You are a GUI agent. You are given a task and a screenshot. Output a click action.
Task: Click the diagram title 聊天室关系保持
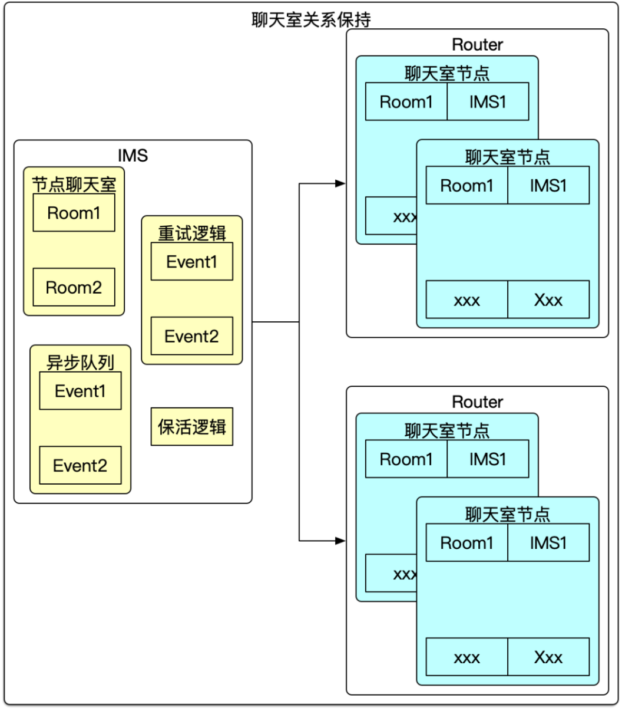311,19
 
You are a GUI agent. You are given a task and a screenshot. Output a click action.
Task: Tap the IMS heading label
133,155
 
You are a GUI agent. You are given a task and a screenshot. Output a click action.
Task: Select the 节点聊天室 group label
74,185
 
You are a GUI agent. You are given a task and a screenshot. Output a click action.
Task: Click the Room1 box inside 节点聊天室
74,213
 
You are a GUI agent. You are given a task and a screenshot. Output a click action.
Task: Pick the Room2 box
74,287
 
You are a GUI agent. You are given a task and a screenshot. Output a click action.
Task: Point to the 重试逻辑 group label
192,233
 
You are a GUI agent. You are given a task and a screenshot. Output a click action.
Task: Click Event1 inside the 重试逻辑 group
191,262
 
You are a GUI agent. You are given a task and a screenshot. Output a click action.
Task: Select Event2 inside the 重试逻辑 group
191,336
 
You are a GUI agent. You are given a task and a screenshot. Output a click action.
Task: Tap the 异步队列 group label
80,362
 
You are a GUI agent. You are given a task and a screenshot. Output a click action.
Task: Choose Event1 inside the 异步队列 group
80,391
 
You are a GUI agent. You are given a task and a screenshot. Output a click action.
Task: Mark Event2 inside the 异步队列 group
80,465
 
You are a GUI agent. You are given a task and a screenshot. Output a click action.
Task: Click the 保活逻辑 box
192,426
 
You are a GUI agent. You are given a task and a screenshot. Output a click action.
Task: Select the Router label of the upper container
477,44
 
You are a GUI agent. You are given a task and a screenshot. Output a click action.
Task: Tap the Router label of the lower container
477,401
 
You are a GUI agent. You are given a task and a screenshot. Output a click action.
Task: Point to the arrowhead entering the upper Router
340,183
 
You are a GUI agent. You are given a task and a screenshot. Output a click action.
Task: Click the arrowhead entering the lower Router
340,540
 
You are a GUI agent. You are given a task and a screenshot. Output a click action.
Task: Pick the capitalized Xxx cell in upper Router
548,299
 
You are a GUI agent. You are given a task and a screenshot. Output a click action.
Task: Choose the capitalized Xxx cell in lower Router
548,657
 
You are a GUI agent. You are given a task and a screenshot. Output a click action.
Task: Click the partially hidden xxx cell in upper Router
392,216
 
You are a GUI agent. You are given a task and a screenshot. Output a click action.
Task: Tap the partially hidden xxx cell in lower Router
392,573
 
